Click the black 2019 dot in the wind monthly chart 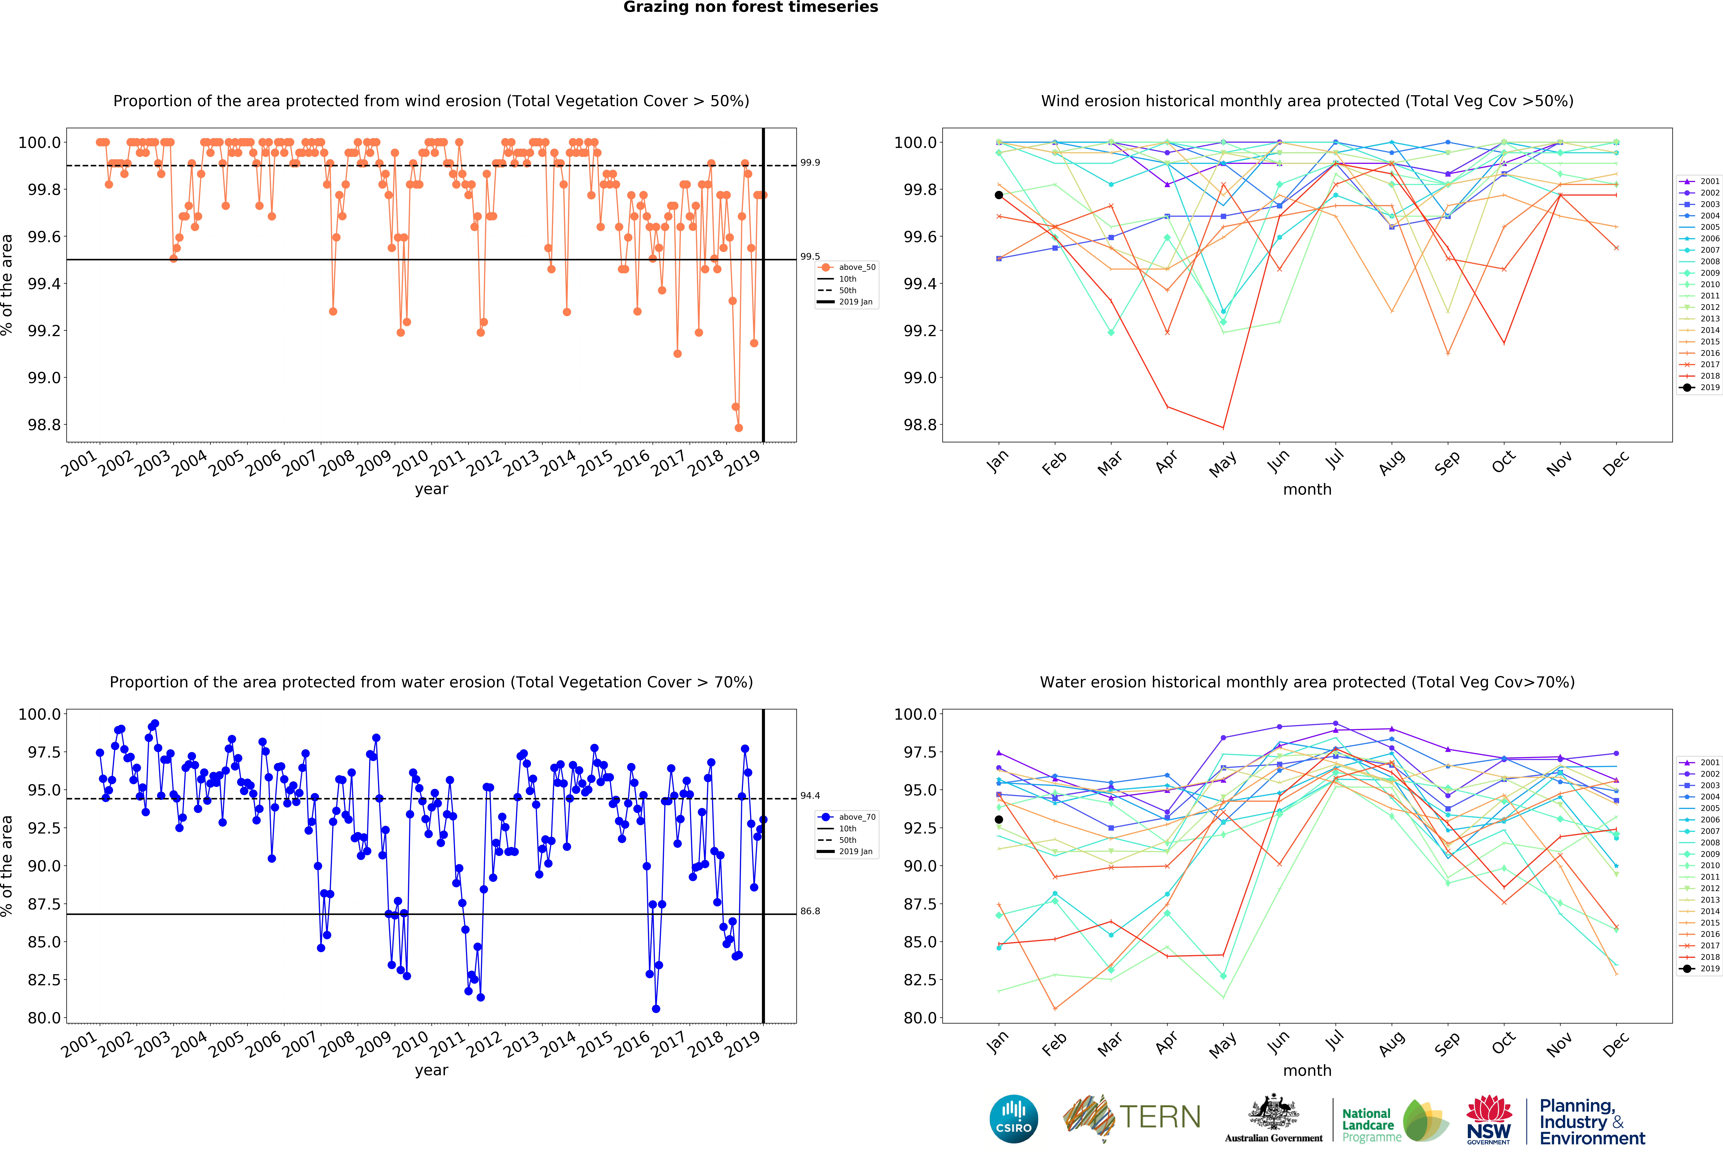click(999, 195)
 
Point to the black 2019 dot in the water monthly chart click(999, 819)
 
